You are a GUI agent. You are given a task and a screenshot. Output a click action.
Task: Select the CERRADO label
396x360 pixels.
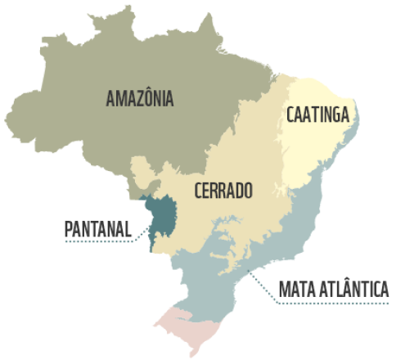pyautogui.click(x=223, y=191)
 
